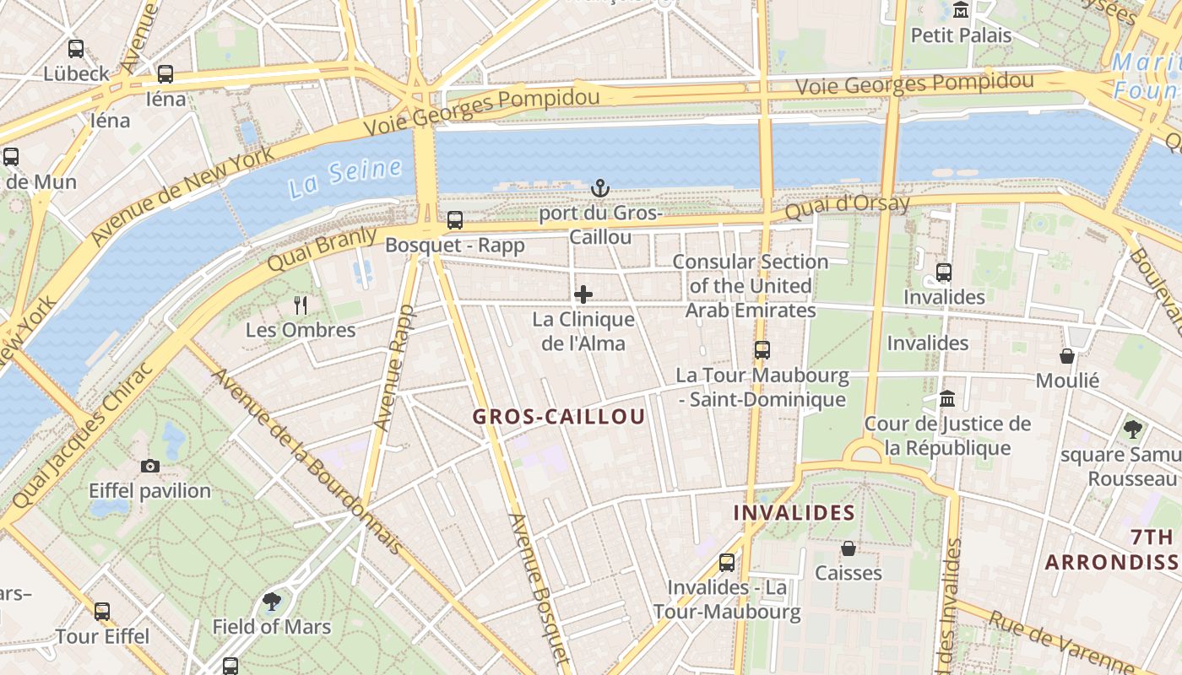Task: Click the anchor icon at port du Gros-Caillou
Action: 600,187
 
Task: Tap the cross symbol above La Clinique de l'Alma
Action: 583,294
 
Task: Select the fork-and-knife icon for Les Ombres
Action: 301,305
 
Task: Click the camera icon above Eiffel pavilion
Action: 150,466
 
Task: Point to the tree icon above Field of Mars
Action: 272,602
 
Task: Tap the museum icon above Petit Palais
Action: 961,10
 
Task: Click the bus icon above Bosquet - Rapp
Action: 455,220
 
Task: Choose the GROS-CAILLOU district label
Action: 559,417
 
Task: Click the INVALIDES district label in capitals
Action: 794,513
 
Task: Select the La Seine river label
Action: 344,177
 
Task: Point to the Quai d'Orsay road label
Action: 848,206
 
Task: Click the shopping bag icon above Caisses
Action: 849,549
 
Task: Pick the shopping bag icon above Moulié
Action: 1067,356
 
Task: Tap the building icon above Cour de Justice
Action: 947,398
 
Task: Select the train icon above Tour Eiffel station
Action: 102,612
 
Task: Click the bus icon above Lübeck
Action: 76,49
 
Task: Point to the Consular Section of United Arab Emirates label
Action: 751,286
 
